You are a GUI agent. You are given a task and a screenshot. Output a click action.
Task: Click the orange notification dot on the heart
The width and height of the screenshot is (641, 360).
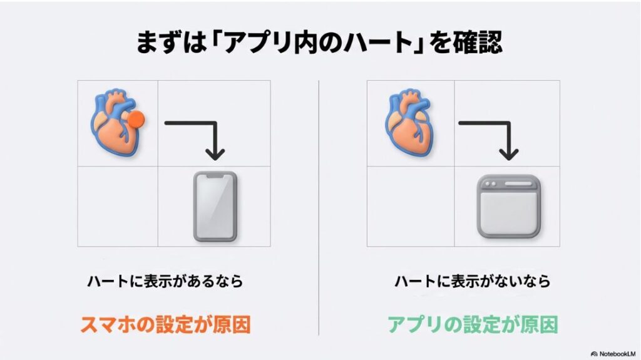[136, 118]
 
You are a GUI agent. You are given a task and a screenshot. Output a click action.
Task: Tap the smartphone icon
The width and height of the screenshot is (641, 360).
[215, 206]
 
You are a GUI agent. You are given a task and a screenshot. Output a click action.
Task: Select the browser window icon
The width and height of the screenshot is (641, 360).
[508, 206]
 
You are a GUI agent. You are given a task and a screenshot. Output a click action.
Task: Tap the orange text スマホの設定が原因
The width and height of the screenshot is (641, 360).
[165, 324]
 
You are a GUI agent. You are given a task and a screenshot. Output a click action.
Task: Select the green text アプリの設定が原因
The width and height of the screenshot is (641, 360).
[472, 324]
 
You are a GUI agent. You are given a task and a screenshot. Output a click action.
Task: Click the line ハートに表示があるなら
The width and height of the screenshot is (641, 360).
[165, 282]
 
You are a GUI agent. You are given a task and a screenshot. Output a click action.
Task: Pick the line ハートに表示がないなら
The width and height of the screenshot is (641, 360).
[472, 282]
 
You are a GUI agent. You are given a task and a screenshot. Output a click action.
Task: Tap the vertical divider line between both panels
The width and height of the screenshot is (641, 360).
[319, 207]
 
